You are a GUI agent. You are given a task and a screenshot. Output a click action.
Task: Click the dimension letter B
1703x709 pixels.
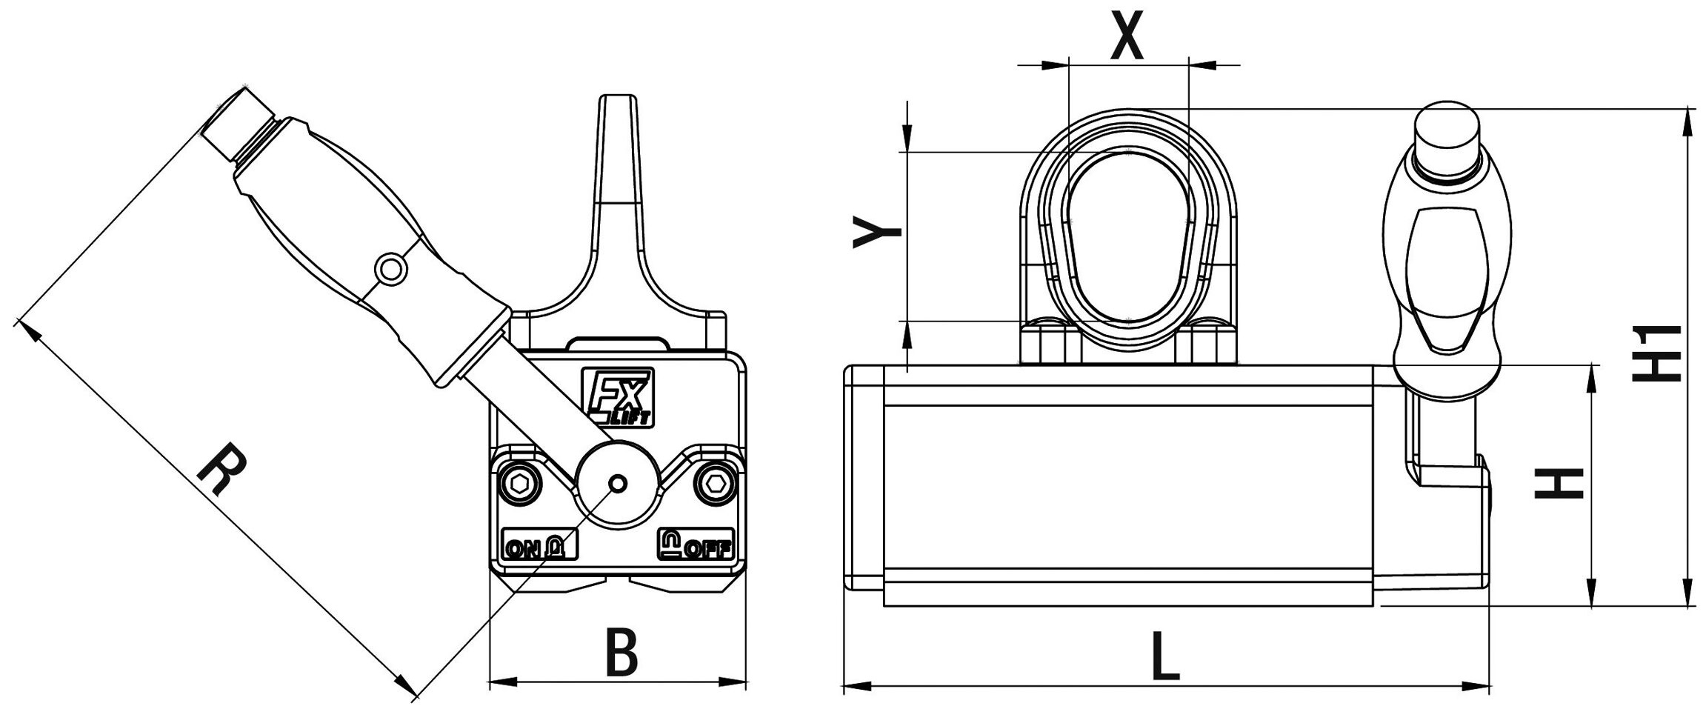[x=621, y=652]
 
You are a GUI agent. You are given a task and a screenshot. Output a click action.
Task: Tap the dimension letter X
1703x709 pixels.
[x=1127, y=35]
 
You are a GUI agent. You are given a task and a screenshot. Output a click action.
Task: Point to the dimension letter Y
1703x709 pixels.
[x=878, y=232]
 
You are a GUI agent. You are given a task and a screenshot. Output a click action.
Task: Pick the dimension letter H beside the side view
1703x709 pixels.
[x=1559, y=483]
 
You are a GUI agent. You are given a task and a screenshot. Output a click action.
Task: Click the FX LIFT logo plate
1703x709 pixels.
[x=617, y=398]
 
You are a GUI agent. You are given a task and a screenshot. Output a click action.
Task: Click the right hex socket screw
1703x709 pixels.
[x=715, y=485]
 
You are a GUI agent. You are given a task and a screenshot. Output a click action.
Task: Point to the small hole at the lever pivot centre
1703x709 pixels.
[x=618, y=485]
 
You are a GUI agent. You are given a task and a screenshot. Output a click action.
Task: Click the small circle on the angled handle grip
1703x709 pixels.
[x=390, y=268]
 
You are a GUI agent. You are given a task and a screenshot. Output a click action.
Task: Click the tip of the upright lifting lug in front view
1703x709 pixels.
[x=618, y=96]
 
